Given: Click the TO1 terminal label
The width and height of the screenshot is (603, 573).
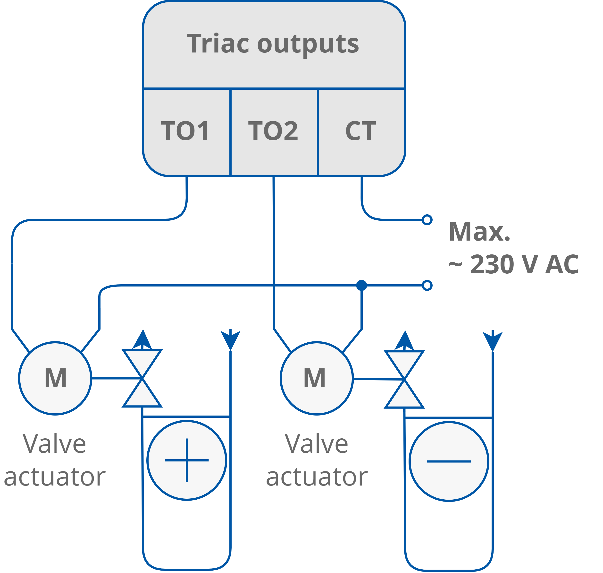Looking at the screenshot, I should [185, 131].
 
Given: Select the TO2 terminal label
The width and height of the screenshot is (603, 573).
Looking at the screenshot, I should [273, 131].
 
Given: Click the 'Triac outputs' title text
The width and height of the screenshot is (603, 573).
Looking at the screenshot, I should [273, 44].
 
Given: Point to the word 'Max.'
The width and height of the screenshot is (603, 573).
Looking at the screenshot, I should [479, 232].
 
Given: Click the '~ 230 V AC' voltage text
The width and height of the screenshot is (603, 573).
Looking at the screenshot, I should [514, 264].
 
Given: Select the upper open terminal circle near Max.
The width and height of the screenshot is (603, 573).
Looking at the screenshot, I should [427, 220].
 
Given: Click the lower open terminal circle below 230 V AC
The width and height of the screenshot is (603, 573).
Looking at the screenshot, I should [427, 285].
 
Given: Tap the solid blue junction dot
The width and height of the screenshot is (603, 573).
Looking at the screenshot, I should [362, 285].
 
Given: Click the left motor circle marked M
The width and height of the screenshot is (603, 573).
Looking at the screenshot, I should [55, 378].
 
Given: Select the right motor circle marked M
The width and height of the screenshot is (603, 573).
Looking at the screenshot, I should [317, 378].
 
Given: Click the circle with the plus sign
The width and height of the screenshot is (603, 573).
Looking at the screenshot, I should [187, 460].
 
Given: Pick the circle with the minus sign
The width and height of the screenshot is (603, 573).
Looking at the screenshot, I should [449, 461].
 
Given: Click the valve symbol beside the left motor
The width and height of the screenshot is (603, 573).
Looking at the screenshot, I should [142, 378].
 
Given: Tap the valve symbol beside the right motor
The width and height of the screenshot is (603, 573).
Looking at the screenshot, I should [404, 379].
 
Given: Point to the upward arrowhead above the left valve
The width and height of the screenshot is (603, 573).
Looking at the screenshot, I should [142, 339].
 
